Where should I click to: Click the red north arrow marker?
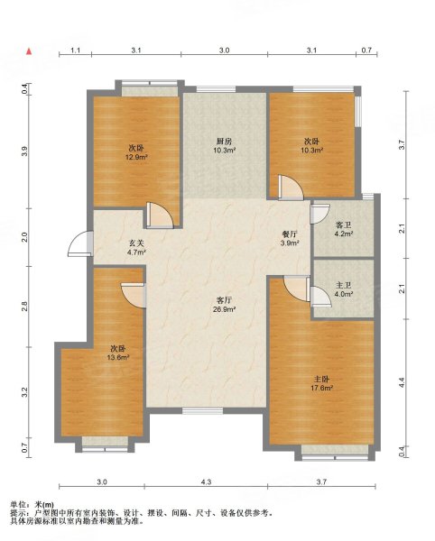(x=30, y=51)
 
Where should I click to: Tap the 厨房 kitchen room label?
(x=224, y=145)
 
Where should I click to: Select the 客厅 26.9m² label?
(x=224, y=305)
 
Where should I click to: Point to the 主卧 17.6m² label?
(x=321, y=383)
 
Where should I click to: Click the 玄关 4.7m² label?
(x=136, y=247)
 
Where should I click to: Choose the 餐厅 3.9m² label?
(x=290, y=238)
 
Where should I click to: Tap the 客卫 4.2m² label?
(x=343, y=229)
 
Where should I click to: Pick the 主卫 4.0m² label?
(x=343, y=289)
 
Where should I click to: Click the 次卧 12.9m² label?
(x=136, y=152)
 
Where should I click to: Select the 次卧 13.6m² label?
(x=118, y=353)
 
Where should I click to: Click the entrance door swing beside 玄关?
(x=80, y=243)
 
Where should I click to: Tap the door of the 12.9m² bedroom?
(x=160, y=215)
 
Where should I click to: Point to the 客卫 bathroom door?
(x=319, y=214)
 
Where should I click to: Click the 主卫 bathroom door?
(x=320, y=297)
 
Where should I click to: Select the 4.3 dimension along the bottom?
(x=206, y=482)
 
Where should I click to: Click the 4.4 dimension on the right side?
(x=401, y=382)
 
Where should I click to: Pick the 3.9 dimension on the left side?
(x=24, y=151)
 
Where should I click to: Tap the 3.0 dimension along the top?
(x=224, y=50)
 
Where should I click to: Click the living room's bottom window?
(x=202, y=410)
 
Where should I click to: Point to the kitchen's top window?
(x=216, y=89)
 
